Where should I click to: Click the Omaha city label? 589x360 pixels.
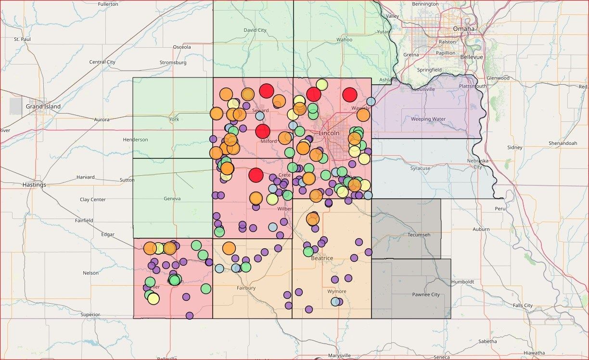click(x=463, y=29)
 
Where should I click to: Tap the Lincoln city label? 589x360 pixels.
click(x=329, y=133)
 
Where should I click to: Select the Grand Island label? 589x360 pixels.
click(x=43, y=106)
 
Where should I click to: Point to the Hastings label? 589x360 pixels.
click(x=34, y=185)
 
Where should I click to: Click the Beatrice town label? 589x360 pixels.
click(x=322, y=258)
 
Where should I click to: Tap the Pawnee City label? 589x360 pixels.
click(x=426, y=295)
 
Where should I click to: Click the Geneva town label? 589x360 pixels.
click(x=172, y=198)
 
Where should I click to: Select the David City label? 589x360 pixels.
click(x=255, y=30)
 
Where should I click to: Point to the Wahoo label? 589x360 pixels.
click(x=345, y=39)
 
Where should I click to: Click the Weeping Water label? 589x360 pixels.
click(x=428, y=119)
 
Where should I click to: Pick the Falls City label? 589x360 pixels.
click(x=523, y=306)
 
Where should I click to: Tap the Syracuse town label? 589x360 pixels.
click(x=420, y=168)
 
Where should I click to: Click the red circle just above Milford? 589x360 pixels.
click(x=263, y=131)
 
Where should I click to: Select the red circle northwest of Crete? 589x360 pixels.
click(x=256, y=175)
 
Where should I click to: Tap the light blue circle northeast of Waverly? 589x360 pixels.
click(x=371, y=102)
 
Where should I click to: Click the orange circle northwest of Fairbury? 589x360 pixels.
click(x=229, y=248)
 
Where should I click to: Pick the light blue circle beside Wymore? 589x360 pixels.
click(x=335, y=302)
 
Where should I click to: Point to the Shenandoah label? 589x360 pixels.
click(x=563, y=143)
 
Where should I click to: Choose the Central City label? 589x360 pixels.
click(x=102, y=62)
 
